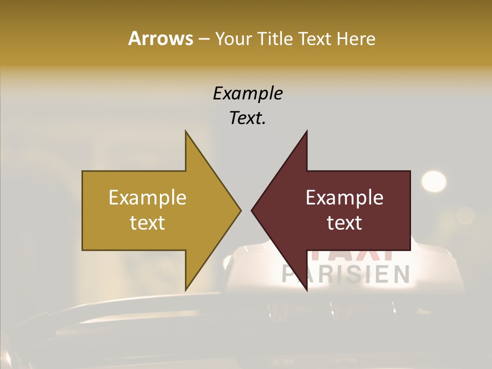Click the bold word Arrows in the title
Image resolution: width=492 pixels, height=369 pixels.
(x=160, y=38)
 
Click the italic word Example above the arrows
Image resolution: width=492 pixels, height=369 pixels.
(x=248, y=93)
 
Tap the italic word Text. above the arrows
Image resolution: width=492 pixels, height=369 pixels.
(x=248, y=118)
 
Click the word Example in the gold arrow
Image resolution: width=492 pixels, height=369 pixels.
(x=148, y=197)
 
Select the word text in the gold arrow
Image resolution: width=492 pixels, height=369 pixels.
(x=148, y=223)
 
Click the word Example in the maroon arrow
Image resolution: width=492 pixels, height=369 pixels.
(x=344, y=197)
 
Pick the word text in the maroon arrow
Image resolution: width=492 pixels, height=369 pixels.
(x=344, y=223)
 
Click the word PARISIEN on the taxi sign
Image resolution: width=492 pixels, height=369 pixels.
(x=346, y=274)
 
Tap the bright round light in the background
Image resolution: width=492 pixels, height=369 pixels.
(x=434, y=181)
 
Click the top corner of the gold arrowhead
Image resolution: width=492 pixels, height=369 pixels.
(x=186, y=132)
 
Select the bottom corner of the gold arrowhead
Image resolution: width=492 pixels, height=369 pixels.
(x=186, y=290)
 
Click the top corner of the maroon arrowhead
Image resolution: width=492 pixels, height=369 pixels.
(x=306, y=132)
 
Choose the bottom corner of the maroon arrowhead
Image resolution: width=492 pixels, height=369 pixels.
(x=306, y=290)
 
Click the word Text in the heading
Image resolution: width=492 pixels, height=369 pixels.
(x=314, y=38)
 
